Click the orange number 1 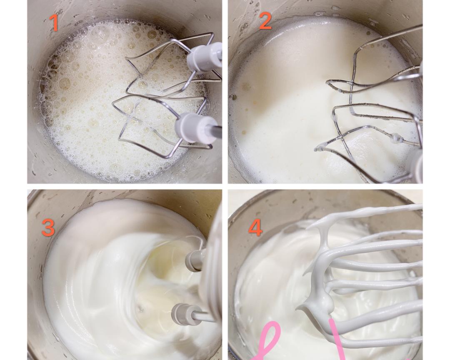[54, 22]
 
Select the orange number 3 [48, 227]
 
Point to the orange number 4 [255, 228]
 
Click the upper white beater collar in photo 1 [204, 57]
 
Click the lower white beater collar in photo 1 [195, 128]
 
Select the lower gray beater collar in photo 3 [184, 314]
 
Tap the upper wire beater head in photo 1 [169, 65]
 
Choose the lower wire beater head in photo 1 [161, 126]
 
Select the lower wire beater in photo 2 [370, 141]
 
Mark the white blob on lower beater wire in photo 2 [397, 139]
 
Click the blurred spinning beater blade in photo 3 [211, 267]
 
